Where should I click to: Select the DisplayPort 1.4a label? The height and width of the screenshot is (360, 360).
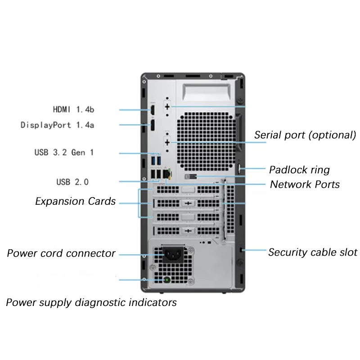58,125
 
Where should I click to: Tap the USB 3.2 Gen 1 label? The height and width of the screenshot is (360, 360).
64,152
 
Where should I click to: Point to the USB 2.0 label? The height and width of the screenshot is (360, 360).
72,182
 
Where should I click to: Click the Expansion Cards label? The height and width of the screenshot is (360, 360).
75,201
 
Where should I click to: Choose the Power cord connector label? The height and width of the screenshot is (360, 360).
61,253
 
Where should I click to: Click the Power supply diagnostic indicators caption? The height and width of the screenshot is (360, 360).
91,302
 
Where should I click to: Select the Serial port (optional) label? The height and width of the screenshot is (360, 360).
305,135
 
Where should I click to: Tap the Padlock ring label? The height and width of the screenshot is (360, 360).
299,170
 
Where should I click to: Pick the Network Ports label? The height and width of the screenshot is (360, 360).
305,184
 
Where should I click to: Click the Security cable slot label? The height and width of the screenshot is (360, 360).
313,252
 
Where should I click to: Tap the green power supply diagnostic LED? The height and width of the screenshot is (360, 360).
167,280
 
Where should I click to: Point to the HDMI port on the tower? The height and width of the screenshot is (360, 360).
153,109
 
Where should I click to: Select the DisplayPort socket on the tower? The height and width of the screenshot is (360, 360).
153,125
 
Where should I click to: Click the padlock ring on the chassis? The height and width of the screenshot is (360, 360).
239,169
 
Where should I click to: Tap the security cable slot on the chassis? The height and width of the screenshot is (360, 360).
243,250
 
